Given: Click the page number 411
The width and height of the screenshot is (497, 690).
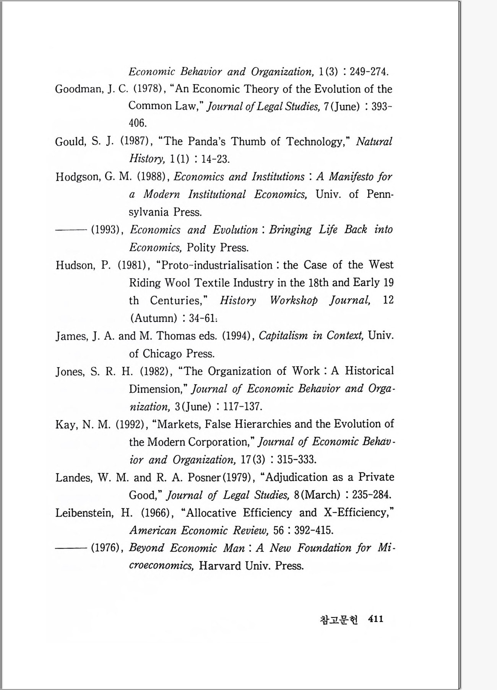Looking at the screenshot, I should point(375,619).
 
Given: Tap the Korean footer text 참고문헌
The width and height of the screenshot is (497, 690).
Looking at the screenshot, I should point(338,619).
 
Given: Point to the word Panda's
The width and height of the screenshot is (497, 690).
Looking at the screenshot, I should point(207,141).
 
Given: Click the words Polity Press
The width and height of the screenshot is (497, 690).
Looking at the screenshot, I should point(218,248).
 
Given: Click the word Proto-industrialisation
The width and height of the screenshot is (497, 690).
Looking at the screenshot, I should point(217,265).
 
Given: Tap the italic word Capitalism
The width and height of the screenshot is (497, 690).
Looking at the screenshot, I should point(283,335).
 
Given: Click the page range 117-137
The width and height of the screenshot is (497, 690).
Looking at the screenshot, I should point(242,406).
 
